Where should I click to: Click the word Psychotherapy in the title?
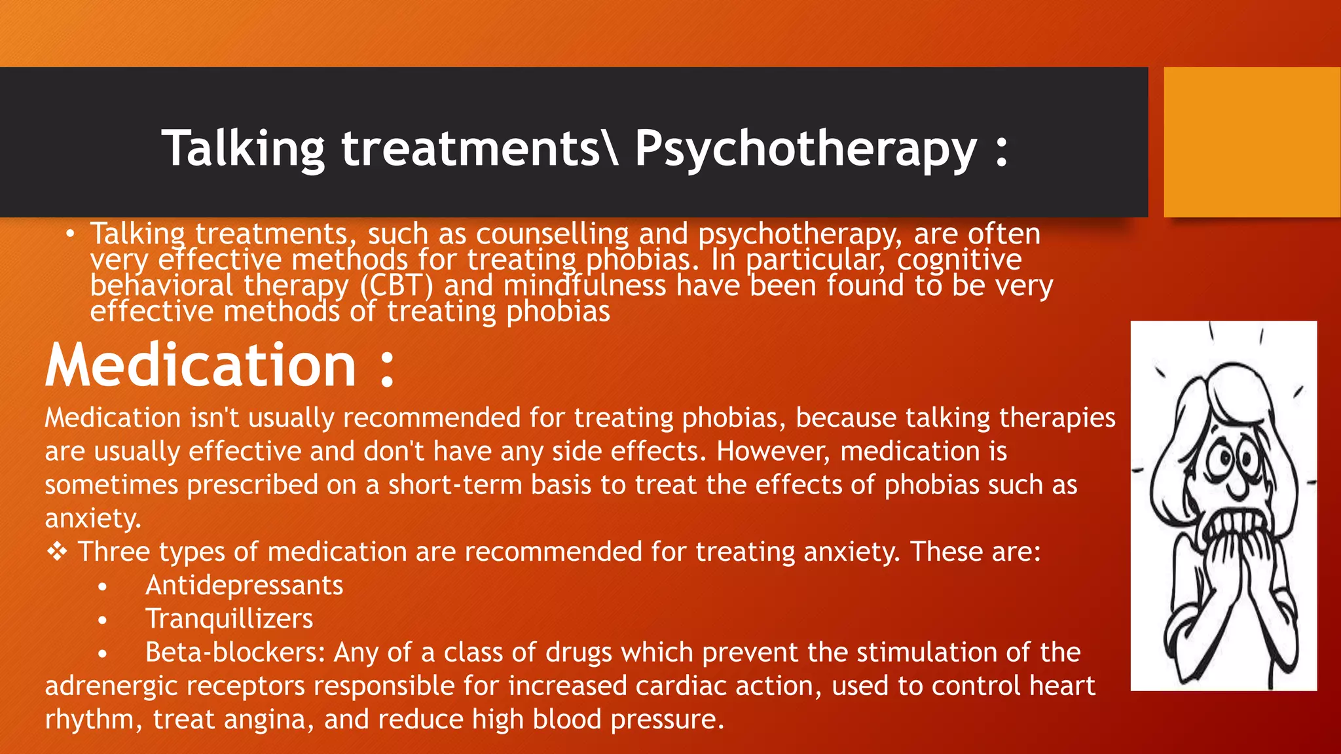point(805,149)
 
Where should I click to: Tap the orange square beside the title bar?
point(1251,142)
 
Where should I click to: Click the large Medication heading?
point(201,365)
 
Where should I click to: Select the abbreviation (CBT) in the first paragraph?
point(396,286)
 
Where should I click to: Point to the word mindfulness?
point(584,286)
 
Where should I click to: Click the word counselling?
point(552,234)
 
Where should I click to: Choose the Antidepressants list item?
point(244,585)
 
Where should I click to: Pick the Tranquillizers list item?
point(229,619)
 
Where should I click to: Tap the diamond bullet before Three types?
point(57,552)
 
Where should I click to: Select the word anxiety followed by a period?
point(93,519)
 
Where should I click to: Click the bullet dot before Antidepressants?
point(102,587)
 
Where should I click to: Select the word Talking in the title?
point(243,149)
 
